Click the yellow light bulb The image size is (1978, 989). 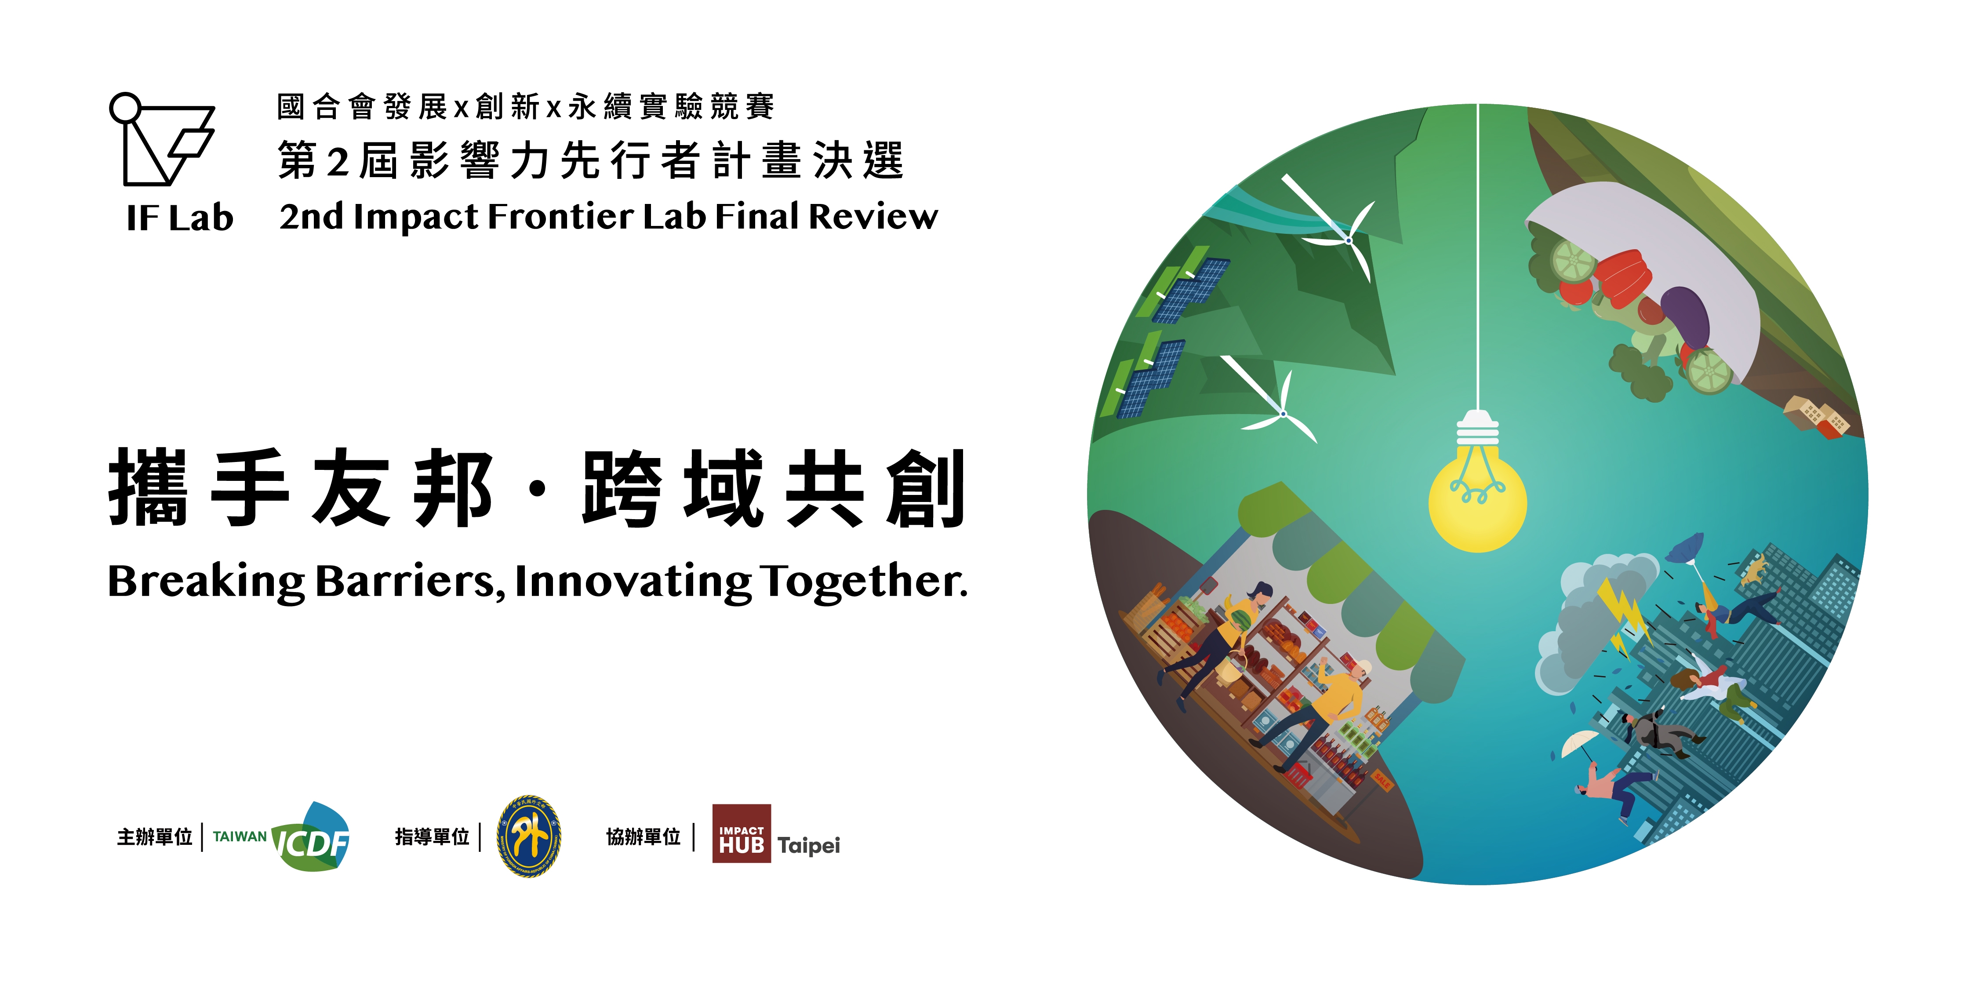[x=1477, y=503]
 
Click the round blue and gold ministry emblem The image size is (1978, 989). [x=528, y=836]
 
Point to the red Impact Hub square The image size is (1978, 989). [x=741, y=833]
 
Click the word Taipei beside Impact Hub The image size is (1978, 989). [x=808, y=845]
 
